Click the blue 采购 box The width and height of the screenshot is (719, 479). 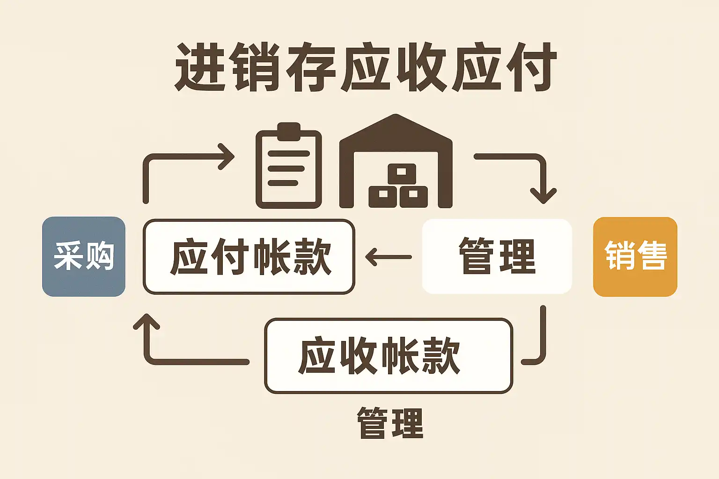tap(84, 256)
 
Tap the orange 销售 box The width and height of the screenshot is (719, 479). tap(635, 256)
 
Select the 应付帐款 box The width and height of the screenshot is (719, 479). tap(249, 256)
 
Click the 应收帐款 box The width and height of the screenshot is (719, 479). tap(389, 356)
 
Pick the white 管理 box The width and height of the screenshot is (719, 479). tap(497, 256)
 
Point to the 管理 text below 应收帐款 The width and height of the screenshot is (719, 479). tap(390, 423)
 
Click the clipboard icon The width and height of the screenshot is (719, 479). tap(289, 168)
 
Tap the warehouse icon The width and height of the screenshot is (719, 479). tap(396, 161)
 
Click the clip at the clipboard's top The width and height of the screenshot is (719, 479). tap(289, 131)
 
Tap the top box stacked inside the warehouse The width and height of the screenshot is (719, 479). tap(401, 172)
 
